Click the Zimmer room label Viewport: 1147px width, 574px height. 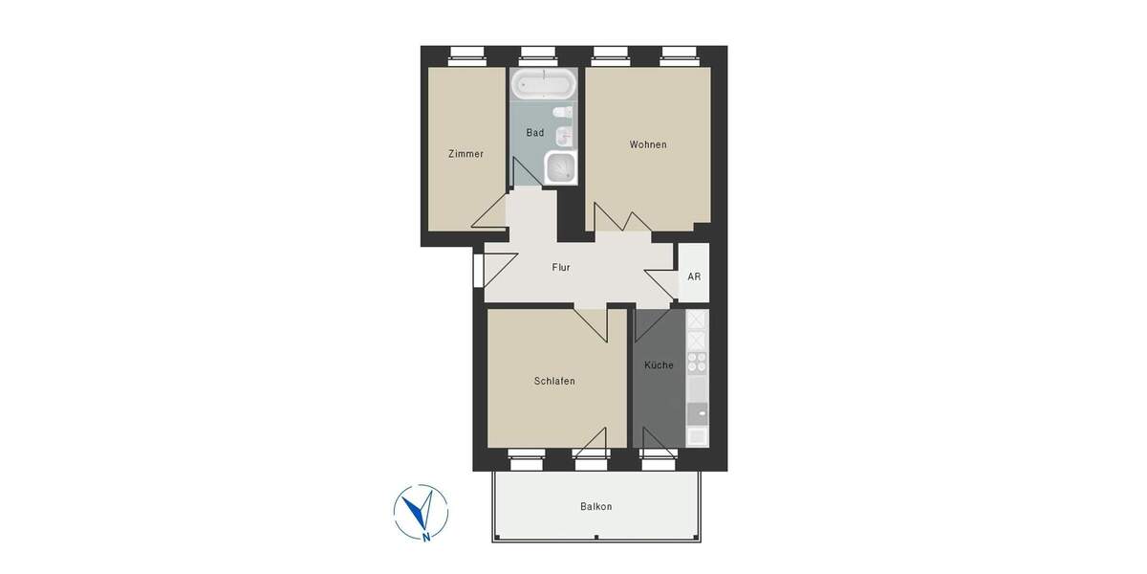465,154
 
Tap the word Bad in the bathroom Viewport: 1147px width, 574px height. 535,133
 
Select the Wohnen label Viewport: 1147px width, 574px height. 648,145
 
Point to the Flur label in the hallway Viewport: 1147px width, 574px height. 561,268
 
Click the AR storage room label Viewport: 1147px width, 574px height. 694,277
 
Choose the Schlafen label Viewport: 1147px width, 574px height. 554,381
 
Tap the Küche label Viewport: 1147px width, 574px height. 659,365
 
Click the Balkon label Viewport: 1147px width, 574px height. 595,507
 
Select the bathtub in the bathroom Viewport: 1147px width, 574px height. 544,84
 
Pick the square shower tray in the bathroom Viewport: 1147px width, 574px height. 560,168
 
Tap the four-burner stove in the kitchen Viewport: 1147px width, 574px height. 697,362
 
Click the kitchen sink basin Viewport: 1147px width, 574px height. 698,413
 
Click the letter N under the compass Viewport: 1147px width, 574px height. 425,538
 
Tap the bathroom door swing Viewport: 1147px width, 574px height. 525,174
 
